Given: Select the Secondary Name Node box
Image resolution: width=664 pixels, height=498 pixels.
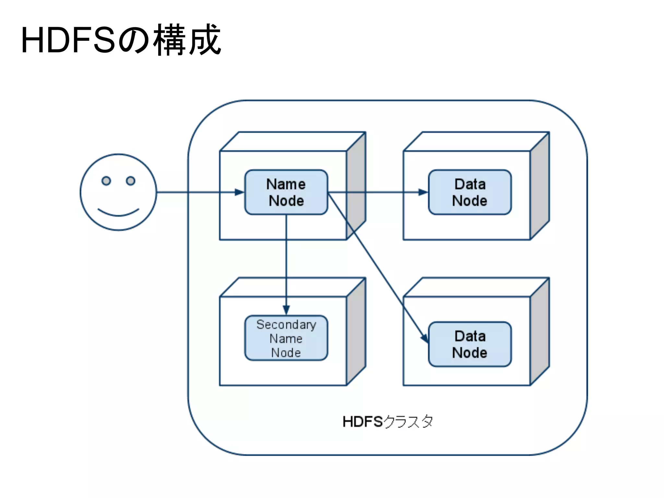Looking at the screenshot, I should tap(286, 338).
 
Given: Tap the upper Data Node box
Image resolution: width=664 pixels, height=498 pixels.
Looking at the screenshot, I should tap(469, 192).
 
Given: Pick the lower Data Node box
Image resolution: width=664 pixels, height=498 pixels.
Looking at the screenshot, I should tap(469, 344).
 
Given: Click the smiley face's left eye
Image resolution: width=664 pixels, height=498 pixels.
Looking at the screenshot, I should tap(106, 181).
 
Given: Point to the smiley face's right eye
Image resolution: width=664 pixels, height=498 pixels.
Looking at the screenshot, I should tap(131, 181).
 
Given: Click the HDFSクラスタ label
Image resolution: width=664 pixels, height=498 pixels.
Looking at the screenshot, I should tap(387, 422).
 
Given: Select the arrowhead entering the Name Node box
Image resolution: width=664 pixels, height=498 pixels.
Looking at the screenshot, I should tap(240, 192).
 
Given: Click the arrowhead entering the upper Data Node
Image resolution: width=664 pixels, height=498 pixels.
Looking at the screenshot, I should tap(423, 192).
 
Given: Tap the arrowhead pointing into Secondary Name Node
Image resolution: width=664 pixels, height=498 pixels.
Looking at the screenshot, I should tap(286, 310).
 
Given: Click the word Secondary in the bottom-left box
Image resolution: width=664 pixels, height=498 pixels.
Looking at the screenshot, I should tap(286, 325).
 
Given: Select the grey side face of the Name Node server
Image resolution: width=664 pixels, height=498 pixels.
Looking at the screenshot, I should tap(356, 186).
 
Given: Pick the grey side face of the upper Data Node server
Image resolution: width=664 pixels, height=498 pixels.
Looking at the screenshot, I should tap(539, 186).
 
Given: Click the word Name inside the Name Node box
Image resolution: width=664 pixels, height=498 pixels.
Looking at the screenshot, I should tap(286, 184).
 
